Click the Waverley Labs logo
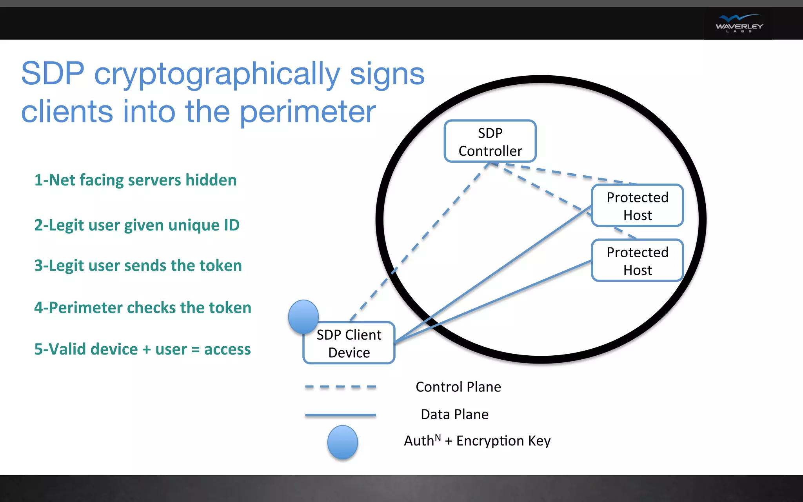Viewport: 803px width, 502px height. coord(739,24)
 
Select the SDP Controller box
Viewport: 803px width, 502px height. coord(490,142)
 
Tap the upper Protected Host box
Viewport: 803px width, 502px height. coord(637,206)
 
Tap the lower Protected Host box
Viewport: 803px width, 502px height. coord(637,261)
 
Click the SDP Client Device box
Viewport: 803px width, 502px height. coord(349,344)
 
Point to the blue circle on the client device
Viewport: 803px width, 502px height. coord(303,316)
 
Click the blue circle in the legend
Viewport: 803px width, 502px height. coord(342,442)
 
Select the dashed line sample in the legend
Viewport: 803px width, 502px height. coord(340,387)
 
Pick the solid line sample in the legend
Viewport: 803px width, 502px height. coord(340,415)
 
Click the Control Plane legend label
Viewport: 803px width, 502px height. coord(458,387)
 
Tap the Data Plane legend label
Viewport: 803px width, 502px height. coord(454,415)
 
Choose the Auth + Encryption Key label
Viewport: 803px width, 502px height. coord(477,441)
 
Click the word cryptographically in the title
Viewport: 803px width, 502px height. coord(217,75)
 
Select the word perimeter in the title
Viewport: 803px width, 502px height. coord(308,113)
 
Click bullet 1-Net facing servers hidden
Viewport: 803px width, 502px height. coord(135,180)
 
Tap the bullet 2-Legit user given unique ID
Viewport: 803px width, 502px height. coord(136,225)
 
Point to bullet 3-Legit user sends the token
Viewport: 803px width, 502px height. coord(138,266)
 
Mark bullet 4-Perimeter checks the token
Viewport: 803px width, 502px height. coord(142,308)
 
